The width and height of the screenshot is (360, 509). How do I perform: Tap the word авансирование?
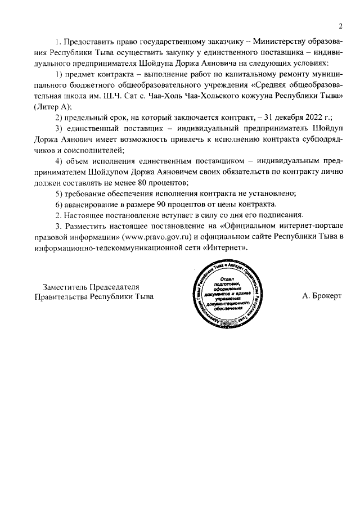(x=87, y=204)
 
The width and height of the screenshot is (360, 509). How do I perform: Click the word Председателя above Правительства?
(x=118, y=286)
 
